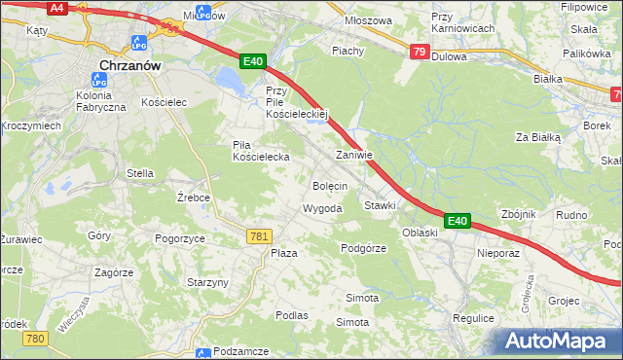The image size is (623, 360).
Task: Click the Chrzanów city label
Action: tap(129, 66)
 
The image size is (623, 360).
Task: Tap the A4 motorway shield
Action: tap(57, 8)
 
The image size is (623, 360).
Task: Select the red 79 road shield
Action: tap(419, 52)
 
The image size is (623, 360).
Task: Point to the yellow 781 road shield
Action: tap(259, 236)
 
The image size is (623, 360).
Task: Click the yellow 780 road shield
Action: tap(36, 338)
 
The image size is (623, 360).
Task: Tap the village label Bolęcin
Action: tap(330, 185)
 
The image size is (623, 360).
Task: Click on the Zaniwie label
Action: tap(354, 155)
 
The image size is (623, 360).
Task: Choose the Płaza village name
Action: tap(283, 253)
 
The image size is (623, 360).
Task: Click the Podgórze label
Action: tap(364, 248)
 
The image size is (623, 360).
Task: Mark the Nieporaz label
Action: tap(499, 252)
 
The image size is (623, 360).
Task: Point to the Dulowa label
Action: tap(449, 56)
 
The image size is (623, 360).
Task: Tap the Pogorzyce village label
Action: tap(179, 237)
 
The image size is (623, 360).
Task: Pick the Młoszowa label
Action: tap(369, 19)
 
